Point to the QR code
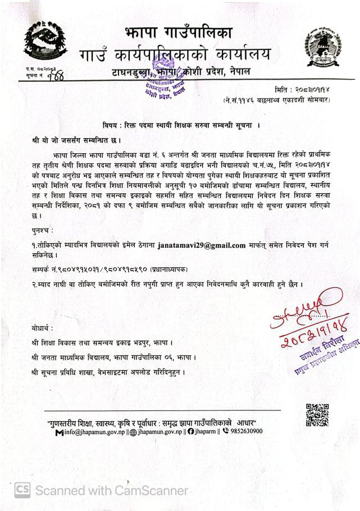coord(317,414)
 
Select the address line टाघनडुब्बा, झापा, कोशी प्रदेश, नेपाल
coord(180,71)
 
